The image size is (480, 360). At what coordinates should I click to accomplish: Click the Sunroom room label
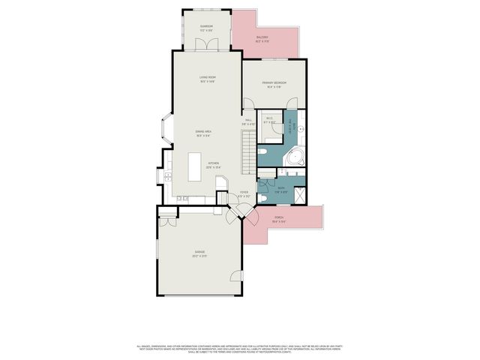pyautogui.click(x=206, y=28)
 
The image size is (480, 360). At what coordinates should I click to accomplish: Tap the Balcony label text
pyautogui.click(x=262, y=38)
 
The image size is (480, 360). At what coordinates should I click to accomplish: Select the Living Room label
pyautogui.click(x=208, y=78)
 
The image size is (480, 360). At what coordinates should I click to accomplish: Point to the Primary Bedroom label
pyautogui.click(x=274, y=85)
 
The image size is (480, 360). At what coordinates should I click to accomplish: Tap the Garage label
pyautogui.click(x=199, y=254)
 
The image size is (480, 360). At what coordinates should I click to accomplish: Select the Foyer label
pyautogui.click(x=244, y=194)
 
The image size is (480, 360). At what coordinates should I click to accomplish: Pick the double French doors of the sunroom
pyautogui.click(x=206, y=45)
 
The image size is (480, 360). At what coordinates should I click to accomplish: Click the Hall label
pyautogui.click(x=249, y=121)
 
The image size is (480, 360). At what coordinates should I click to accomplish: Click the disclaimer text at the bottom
pyautogui.click(x=239, y=349)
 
